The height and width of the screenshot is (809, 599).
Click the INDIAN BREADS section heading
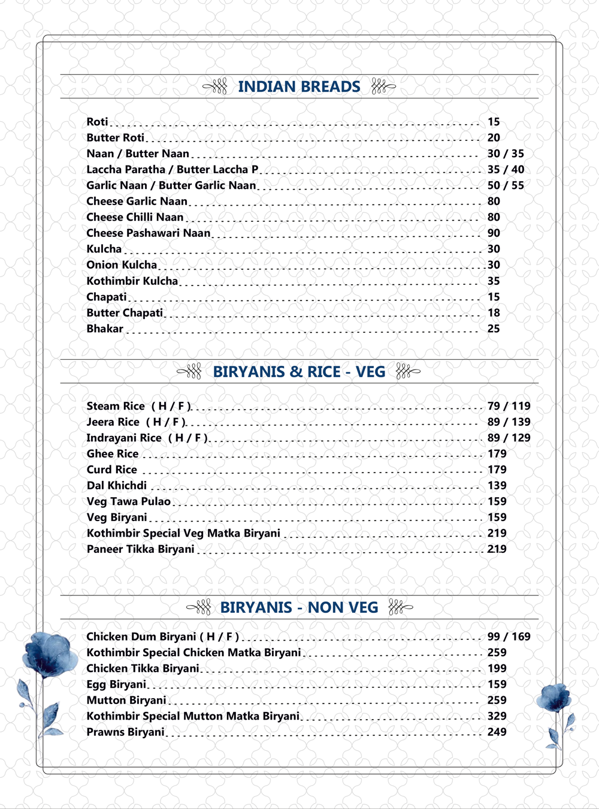pos(299,87)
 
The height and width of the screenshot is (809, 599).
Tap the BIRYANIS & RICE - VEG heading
pos(299,372)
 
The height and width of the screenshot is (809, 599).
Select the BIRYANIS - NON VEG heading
pos(299,607)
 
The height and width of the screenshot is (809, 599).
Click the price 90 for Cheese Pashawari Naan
pos(494,233)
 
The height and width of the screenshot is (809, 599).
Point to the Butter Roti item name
pos(116,138)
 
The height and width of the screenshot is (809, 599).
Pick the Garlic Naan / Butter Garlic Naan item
pos(171,186)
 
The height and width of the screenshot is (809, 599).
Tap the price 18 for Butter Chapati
pos(494,313)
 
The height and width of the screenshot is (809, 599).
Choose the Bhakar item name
pos(105,329)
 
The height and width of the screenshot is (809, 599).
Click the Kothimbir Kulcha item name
pos(132,281)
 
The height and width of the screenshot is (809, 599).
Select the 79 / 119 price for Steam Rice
pos(509,406)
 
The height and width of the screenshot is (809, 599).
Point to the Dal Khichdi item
pos(117,486)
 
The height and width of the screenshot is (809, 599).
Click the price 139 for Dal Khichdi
pos(497,486)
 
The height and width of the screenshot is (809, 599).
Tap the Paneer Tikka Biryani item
pos(141,549)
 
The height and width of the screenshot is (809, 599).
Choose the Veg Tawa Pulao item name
pos(129,501)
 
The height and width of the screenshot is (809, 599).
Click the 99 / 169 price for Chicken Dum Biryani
pos(509,637)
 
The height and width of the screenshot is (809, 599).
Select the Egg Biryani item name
pos(116,684)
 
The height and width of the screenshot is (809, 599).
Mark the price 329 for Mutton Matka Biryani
pos(497,716)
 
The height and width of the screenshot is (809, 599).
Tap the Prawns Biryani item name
pos(125,732)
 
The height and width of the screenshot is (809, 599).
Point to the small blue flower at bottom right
pos(553,699)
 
